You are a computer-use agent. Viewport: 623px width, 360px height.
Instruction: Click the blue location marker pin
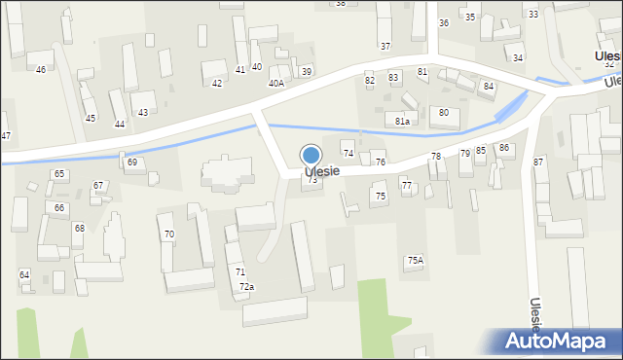click(x=311, y=155)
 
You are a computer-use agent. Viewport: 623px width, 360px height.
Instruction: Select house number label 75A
click(x=416, y=261)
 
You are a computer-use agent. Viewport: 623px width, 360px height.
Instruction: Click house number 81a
click(x=403, y=121)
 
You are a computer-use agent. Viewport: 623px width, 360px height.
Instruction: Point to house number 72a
click(x=247, y=287)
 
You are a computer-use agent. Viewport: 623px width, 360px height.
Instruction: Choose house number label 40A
click(x=276, y=84)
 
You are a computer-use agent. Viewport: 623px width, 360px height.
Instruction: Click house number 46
click(x=41, y=70)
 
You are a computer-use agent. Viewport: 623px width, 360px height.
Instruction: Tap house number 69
click(x=132, y=162)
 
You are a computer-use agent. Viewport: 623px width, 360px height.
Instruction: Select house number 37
click(x=385, y=47)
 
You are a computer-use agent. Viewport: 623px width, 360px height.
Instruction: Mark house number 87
click(x=538, y=162)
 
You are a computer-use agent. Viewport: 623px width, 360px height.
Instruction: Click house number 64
click(x=24, y=275)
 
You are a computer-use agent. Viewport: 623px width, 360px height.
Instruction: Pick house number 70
click(x=169, y=234)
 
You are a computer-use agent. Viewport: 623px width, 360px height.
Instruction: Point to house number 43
click(x=143, y=113)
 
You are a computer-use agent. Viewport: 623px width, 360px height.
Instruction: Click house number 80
click(x=444, y=113)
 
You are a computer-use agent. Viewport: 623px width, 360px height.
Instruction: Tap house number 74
click(x=348, y=154)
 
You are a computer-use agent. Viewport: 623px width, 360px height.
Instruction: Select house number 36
click(x=444, y=23)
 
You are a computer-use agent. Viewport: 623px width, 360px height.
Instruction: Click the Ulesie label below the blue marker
click(x=322, y=171)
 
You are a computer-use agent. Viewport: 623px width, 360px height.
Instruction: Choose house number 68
click(x=80, y=229)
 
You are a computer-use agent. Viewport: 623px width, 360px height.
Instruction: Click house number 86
click(x=504, y=148)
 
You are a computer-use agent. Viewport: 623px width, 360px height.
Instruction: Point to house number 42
click(x=217, y=84)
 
